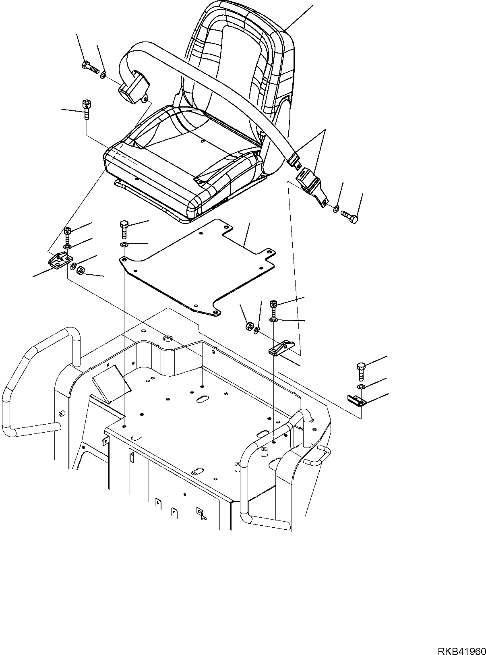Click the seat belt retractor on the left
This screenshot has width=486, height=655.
coord(133,86)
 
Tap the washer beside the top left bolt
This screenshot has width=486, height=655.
coord(103,75)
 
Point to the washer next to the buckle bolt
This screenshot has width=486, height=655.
coord(336,209)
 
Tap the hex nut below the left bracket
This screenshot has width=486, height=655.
coord(80,270)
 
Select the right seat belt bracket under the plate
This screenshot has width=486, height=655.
coord(282,348)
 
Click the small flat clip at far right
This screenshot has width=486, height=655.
coord(357,400)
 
